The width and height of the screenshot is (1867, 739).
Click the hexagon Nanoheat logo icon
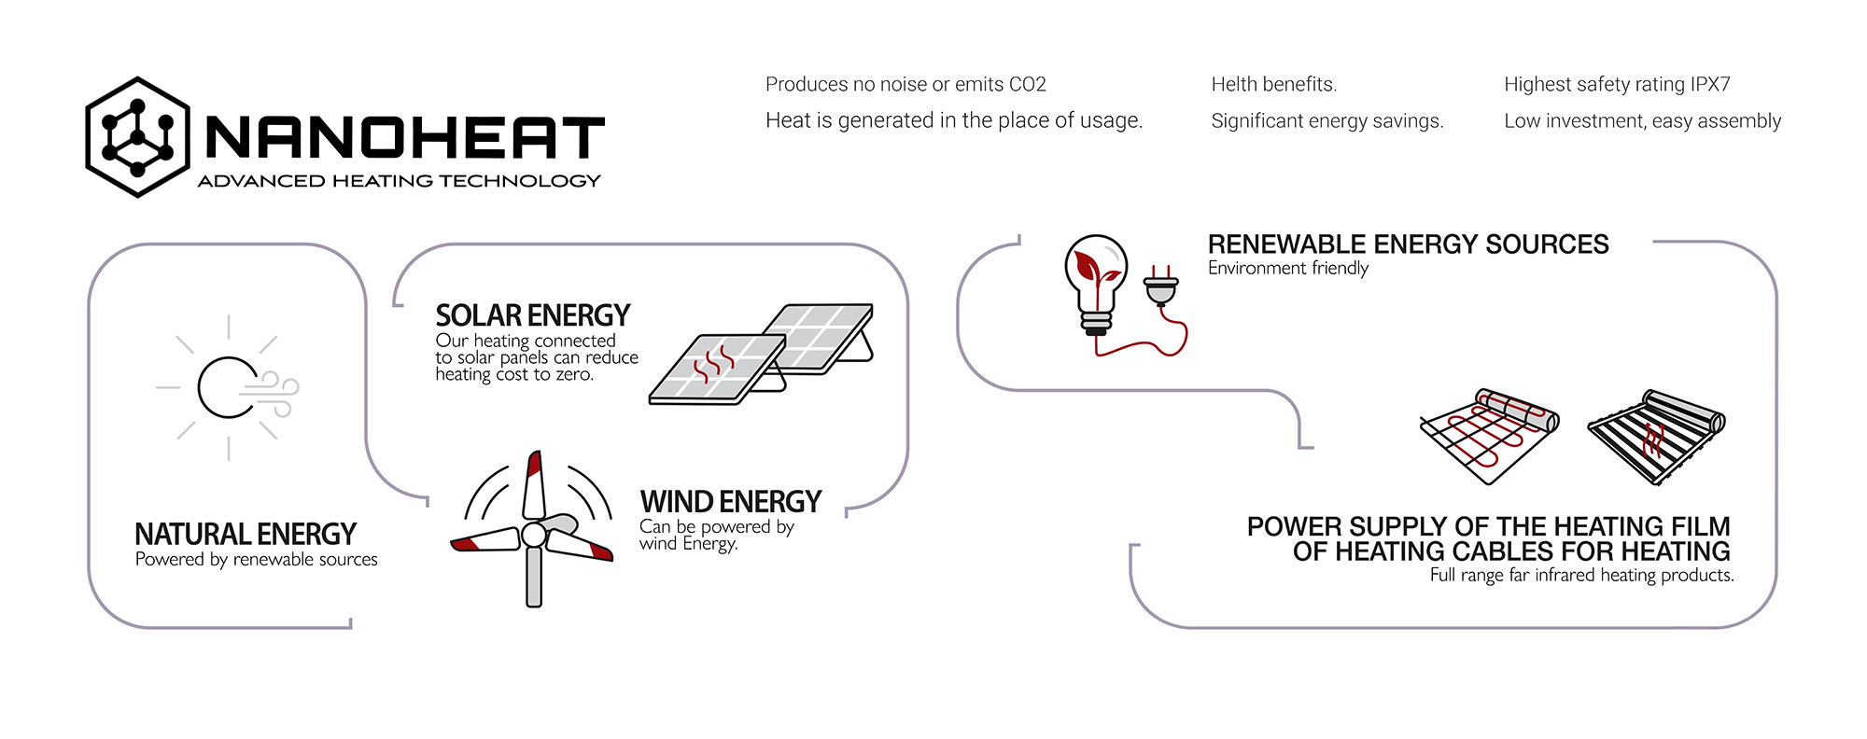[x=137, y=137]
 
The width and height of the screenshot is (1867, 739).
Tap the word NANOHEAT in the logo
[x=405, y=138]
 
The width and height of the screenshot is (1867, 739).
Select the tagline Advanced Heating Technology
[x=399, y=181]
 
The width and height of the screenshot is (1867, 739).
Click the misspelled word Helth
[x=1233, y=85]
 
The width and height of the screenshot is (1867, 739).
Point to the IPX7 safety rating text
[x=1709, y=85]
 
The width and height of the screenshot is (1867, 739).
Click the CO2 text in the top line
[x=1027, y=85]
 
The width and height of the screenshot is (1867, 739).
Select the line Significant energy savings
[x=1327, y=121]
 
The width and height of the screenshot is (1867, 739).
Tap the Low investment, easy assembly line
[x=1642, y=121]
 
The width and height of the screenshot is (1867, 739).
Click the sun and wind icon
[x=230, y=387]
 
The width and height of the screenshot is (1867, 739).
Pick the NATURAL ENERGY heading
[x=246, y=534]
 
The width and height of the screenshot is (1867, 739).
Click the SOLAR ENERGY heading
[x=532, y=315]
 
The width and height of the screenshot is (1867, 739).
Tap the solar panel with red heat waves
[x=717, y=369]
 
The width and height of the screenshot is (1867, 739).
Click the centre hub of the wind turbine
[x=533, y=535]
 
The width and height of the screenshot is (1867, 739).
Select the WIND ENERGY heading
[x=730, y=502]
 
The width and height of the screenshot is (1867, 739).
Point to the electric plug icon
[x=1160, y=286]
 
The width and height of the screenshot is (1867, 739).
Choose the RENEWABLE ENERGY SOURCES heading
[x=1408, y=244]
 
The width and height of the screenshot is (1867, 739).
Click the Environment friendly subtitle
[x=1287, y=269]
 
